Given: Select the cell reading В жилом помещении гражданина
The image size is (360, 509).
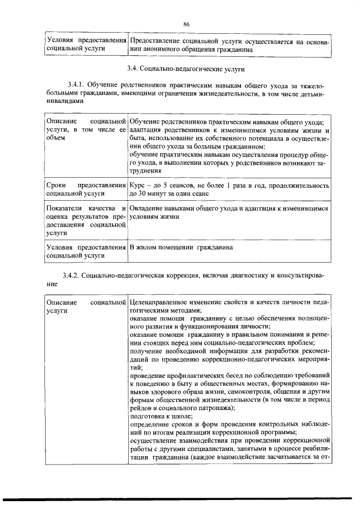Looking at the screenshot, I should point(180,247).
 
